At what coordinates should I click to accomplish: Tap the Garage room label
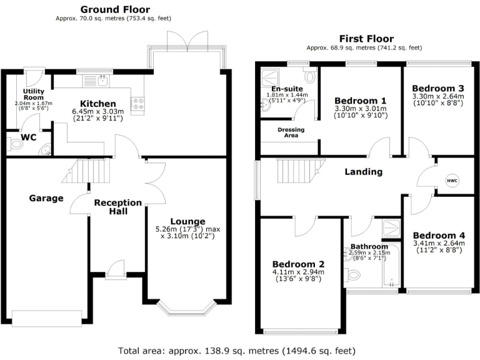46,198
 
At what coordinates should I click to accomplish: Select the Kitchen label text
98,103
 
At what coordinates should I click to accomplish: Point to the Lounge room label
187,221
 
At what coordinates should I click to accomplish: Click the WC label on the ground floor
28,137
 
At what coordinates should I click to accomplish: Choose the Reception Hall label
117,207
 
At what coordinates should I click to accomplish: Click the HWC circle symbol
452,181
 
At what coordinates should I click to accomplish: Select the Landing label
364,172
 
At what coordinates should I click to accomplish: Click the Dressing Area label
291,132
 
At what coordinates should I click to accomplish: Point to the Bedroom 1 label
360,101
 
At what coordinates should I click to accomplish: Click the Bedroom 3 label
437,88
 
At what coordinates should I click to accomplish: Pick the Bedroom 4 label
438,235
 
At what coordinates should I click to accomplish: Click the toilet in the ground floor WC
17,144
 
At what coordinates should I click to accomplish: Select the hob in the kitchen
137,102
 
